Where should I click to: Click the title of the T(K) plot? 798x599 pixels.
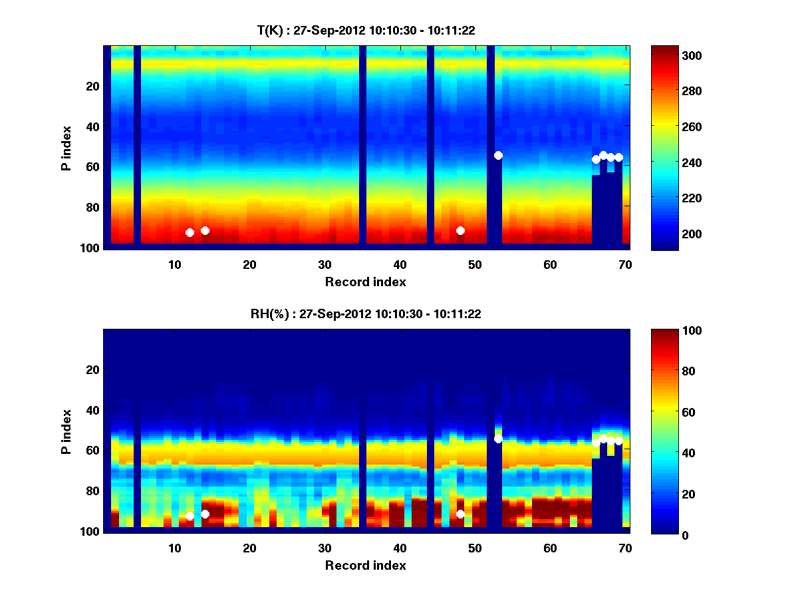point(366,30)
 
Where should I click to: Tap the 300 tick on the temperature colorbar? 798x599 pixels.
point(675,56)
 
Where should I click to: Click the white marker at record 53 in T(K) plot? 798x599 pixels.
point(498,155)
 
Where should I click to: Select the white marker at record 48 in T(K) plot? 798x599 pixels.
point(460,230)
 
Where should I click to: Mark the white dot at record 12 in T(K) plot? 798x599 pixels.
point(190,232)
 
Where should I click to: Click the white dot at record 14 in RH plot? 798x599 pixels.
point(205,514)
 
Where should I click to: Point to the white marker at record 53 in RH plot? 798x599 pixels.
point(498,439)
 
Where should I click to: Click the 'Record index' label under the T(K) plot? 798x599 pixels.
point(366,282)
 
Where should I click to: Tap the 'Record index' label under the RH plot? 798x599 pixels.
point(366,566)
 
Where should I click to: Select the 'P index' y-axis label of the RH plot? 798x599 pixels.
point(66,433)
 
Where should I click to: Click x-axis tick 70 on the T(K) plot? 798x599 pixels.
point(625,264)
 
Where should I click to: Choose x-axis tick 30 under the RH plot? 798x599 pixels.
point(325,548)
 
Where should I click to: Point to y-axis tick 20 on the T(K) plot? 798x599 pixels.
point(92,86)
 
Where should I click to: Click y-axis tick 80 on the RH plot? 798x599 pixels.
point(92,491)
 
